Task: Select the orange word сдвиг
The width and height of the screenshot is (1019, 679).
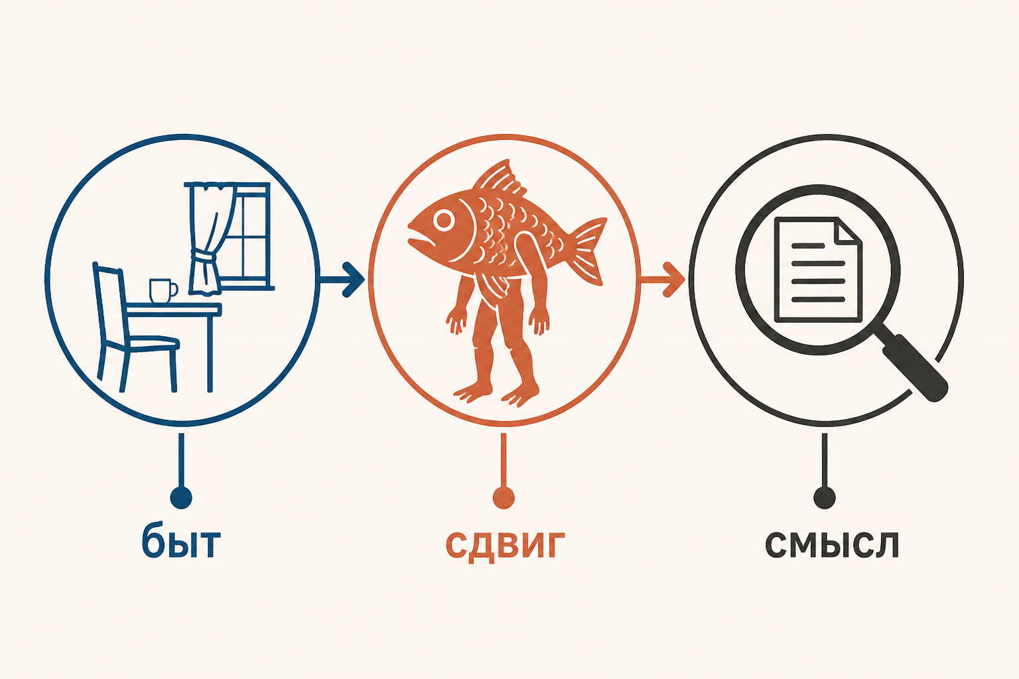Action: click(505, 546)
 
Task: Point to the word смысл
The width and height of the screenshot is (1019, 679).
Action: click(831, 544)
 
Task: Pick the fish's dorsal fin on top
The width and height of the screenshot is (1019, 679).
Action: click(498, 179)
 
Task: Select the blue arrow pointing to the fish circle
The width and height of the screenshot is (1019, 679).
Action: click(342, 280)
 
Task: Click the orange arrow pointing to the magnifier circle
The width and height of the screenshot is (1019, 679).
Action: click(663, 280)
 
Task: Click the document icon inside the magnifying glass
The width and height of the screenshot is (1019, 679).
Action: click(818, 270)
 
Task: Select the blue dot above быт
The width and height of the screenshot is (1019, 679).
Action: click(181, 497)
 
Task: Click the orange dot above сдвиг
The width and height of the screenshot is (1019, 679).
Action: click(503, 497)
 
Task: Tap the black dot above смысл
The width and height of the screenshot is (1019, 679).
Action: click(825, 497)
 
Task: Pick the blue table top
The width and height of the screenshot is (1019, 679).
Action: click(173, 309)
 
